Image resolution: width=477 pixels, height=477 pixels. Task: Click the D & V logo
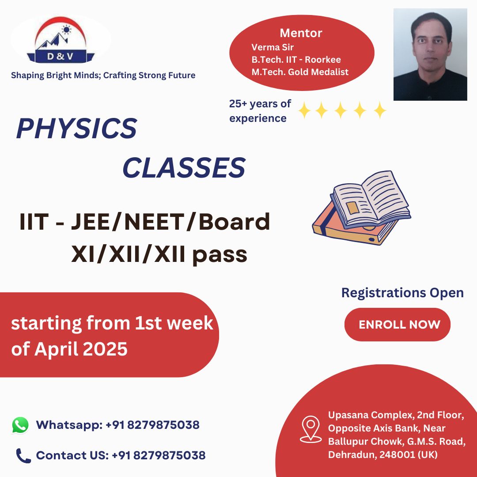[61, 40]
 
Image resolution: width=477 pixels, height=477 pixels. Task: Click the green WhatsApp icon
[20, 425]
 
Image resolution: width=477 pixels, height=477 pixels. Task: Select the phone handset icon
[23, 455]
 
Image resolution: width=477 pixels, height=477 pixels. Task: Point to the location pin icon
[310, 428]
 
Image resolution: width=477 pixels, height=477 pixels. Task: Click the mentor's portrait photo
[430, 54]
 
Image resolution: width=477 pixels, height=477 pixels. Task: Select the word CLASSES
[183, 168]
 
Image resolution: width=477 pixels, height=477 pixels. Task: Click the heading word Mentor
[301, 33]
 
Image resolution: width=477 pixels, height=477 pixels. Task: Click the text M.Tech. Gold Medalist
[300, 72]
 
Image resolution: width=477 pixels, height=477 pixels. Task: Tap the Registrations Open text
[402, 292]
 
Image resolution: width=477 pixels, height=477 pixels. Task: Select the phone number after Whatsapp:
[152, 425]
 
